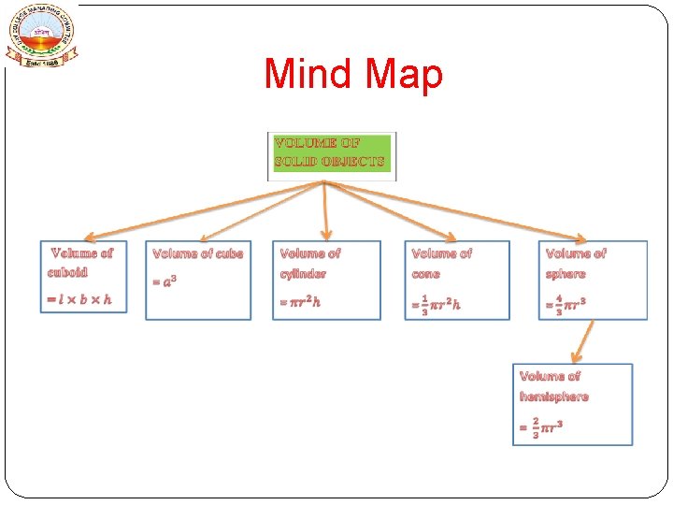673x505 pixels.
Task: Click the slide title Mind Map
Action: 353,75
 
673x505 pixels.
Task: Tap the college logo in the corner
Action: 43,35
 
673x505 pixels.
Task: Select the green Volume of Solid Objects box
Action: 331,155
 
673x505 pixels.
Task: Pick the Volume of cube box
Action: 198,281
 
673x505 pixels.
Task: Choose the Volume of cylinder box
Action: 327,281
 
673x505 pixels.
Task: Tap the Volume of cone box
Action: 458,281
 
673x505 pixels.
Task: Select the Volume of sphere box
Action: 593,281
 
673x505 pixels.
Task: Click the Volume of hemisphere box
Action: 572,404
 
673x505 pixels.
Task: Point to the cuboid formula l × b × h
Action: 79,299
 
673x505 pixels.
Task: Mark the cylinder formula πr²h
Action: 300,302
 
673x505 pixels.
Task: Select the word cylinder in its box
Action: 303,274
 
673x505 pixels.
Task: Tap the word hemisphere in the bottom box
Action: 554,397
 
